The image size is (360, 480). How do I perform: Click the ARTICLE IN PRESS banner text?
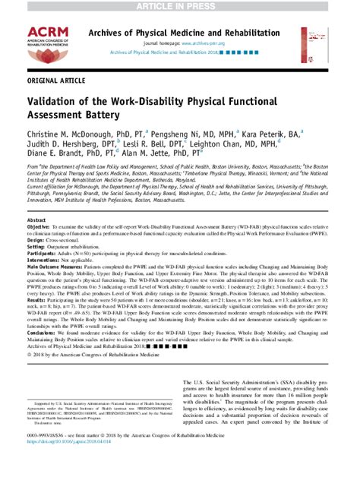click(x=179, y=6)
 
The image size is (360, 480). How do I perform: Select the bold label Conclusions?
click(x=42, y=333)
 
